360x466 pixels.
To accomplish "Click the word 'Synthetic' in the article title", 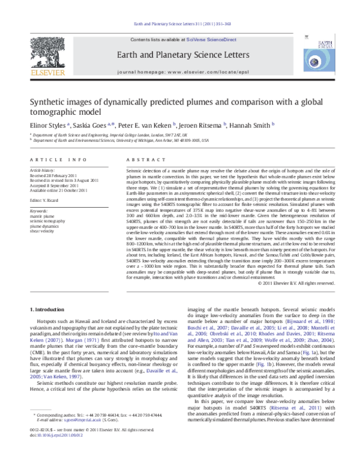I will (52, 101).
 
